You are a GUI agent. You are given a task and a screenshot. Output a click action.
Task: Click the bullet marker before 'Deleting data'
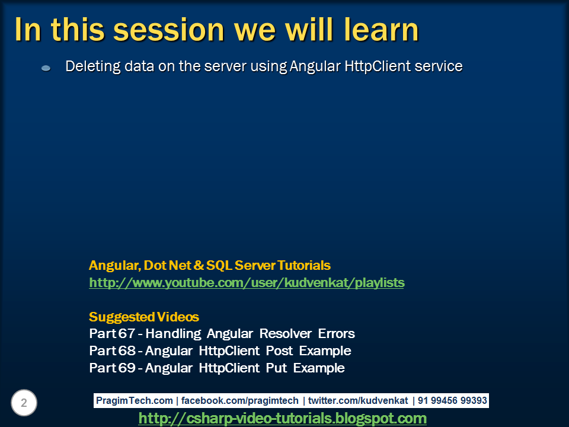[x=46, y=68]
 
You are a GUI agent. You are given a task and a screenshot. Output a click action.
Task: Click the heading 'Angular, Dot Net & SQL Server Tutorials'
[x=209, y=265]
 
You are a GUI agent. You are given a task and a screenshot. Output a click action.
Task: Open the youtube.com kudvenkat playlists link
[x=247, y=283]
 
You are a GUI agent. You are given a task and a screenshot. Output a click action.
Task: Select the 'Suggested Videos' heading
[x=143, y=317]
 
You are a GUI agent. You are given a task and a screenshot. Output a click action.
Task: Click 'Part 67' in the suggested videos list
[x=112, y=333]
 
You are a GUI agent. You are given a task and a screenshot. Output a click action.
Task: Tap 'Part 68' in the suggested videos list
[x=112, y=350]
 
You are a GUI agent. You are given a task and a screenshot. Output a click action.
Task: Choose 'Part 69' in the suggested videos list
[x=112, y=368]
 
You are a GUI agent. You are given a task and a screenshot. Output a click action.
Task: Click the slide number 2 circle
[x=24, y=403]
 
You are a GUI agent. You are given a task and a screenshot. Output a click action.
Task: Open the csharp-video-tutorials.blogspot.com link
[x=282, y=419]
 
